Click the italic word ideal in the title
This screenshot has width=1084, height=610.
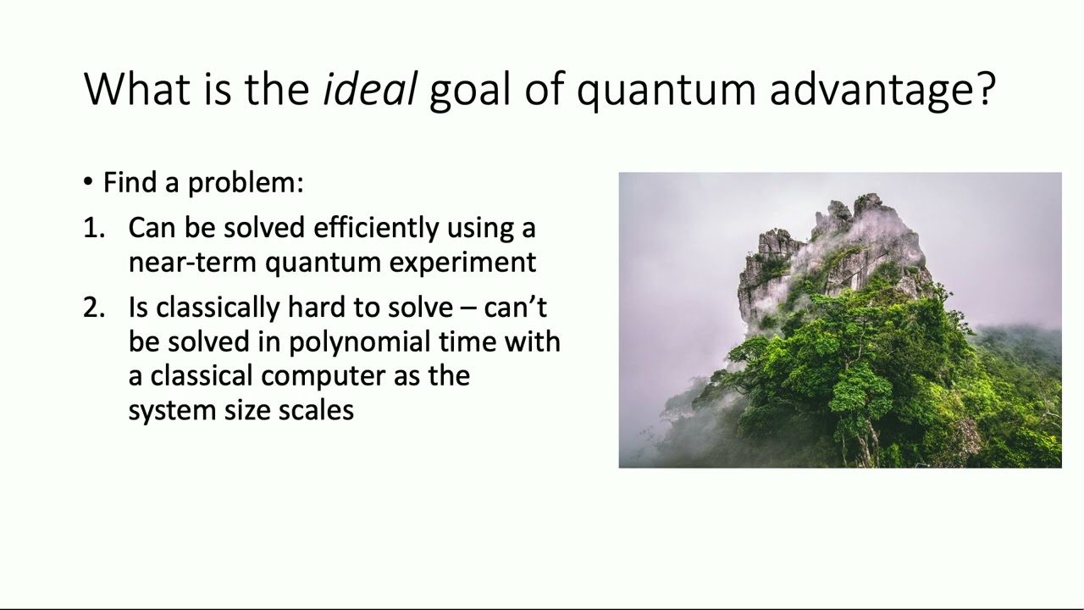[x=369, y=89]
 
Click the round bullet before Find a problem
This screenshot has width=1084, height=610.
[x=89, y=182]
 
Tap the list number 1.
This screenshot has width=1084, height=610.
[x=92, y=228]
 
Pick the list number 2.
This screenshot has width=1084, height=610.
[x=93, y=308]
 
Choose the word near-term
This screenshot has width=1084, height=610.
[x=192, y=263]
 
